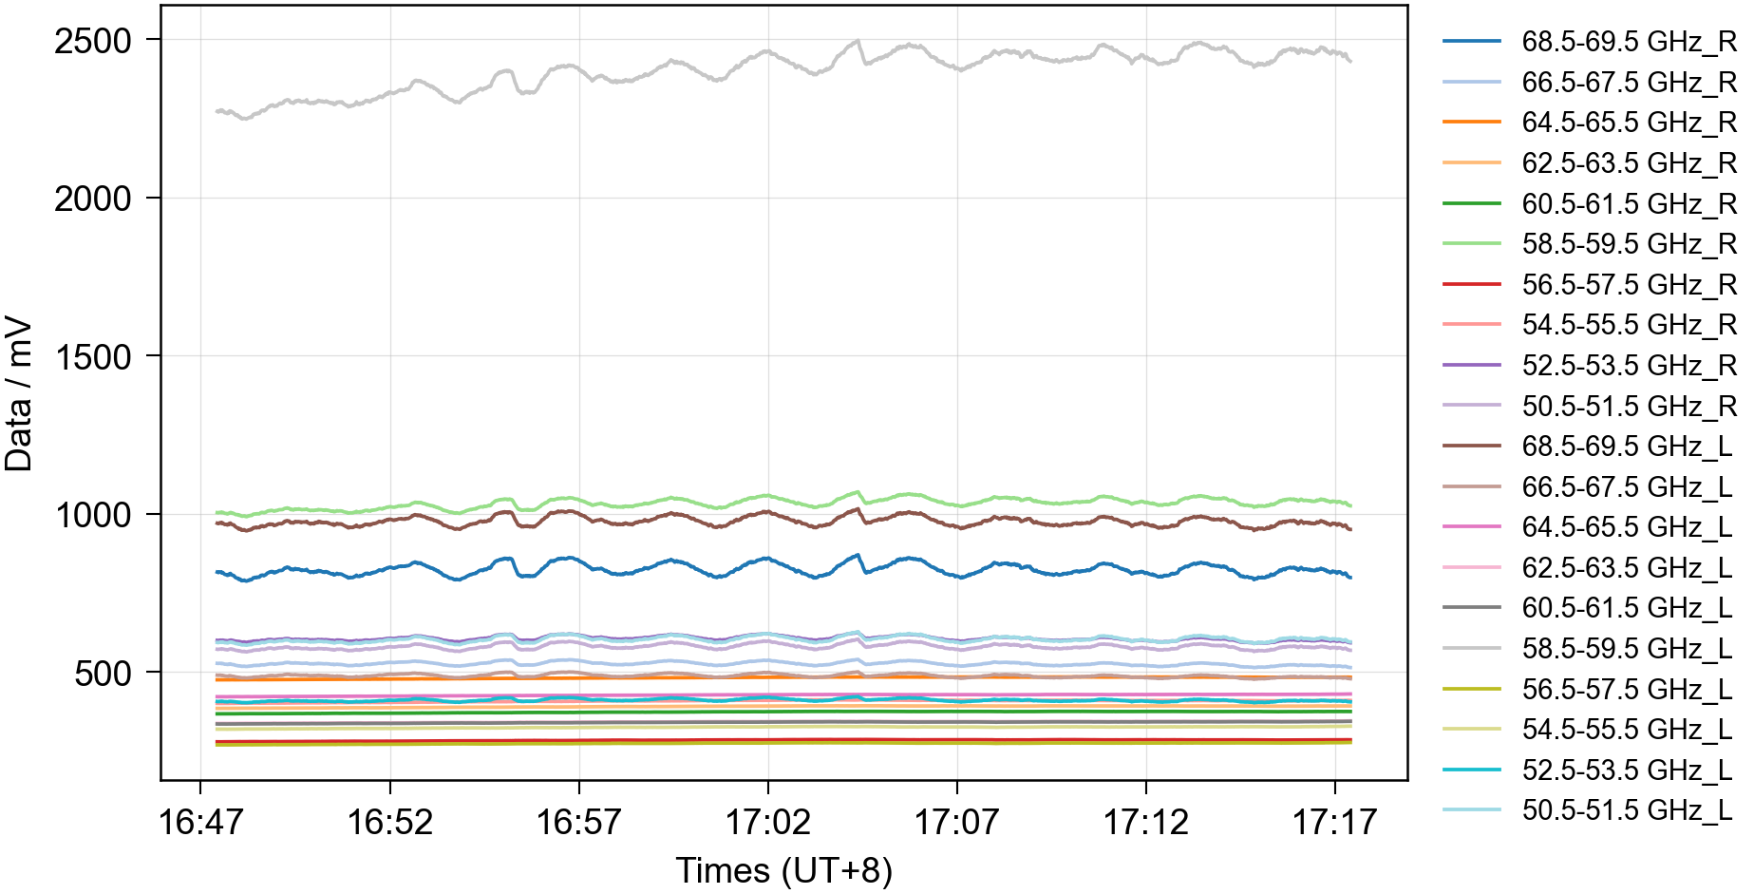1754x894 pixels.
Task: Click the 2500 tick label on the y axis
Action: (92, 41)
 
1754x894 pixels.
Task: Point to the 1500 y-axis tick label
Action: (92, 357)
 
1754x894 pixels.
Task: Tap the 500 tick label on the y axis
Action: (103, 674)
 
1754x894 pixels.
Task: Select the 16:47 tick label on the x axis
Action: (200, 822)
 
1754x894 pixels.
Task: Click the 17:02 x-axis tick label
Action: (767, 822)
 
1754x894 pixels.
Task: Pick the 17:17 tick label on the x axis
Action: (1334, 822)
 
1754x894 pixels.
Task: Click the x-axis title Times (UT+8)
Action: (783, 870)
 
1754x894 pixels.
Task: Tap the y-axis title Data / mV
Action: (19, 394)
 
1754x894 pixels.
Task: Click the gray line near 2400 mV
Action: (665, 71)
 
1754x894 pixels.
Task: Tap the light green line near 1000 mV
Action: (665, 499)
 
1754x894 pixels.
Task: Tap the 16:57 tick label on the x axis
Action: (578, 822)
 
